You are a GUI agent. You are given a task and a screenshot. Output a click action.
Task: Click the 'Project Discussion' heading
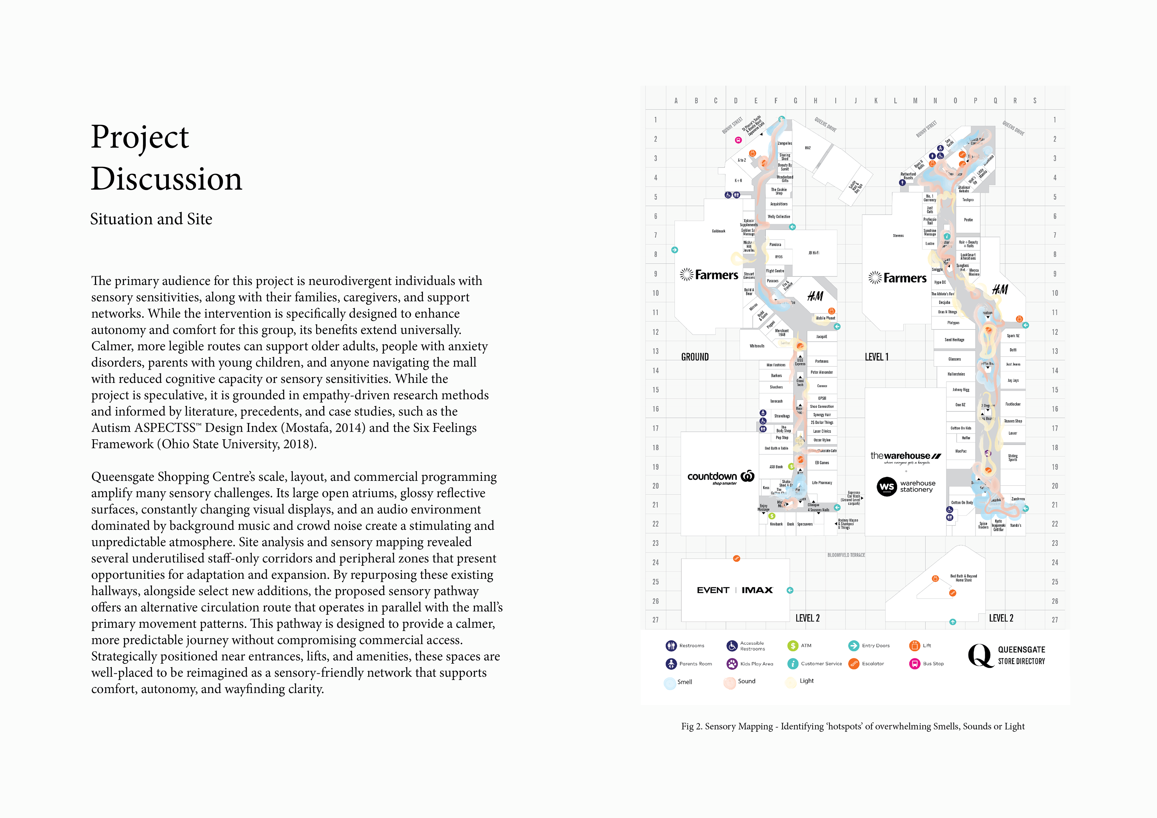pos(166,158)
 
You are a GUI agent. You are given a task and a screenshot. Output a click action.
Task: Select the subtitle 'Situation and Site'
pos(151,219)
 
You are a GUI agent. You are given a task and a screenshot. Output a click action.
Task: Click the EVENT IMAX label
pos(735,590)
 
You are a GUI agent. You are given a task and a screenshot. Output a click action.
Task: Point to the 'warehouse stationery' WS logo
pos(887,487)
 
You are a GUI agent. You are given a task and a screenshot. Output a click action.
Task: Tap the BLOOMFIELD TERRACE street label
pos(846,555)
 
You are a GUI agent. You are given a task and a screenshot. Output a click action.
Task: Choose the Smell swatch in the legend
pos(670,683)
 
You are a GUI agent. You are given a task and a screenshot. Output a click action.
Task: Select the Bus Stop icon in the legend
pos(915,664)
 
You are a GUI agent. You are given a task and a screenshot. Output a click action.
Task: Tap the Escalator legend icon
pos(854,664)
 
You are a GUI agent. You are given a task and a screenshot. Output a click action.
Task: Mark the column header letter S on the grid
pos(1035,101)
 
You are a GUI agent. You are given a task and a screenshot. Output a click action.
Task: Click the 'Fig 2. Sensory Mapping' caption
pos(853,726)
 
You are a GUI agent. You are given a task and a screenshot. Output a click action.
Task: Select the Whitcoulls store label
pos(757,346)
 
